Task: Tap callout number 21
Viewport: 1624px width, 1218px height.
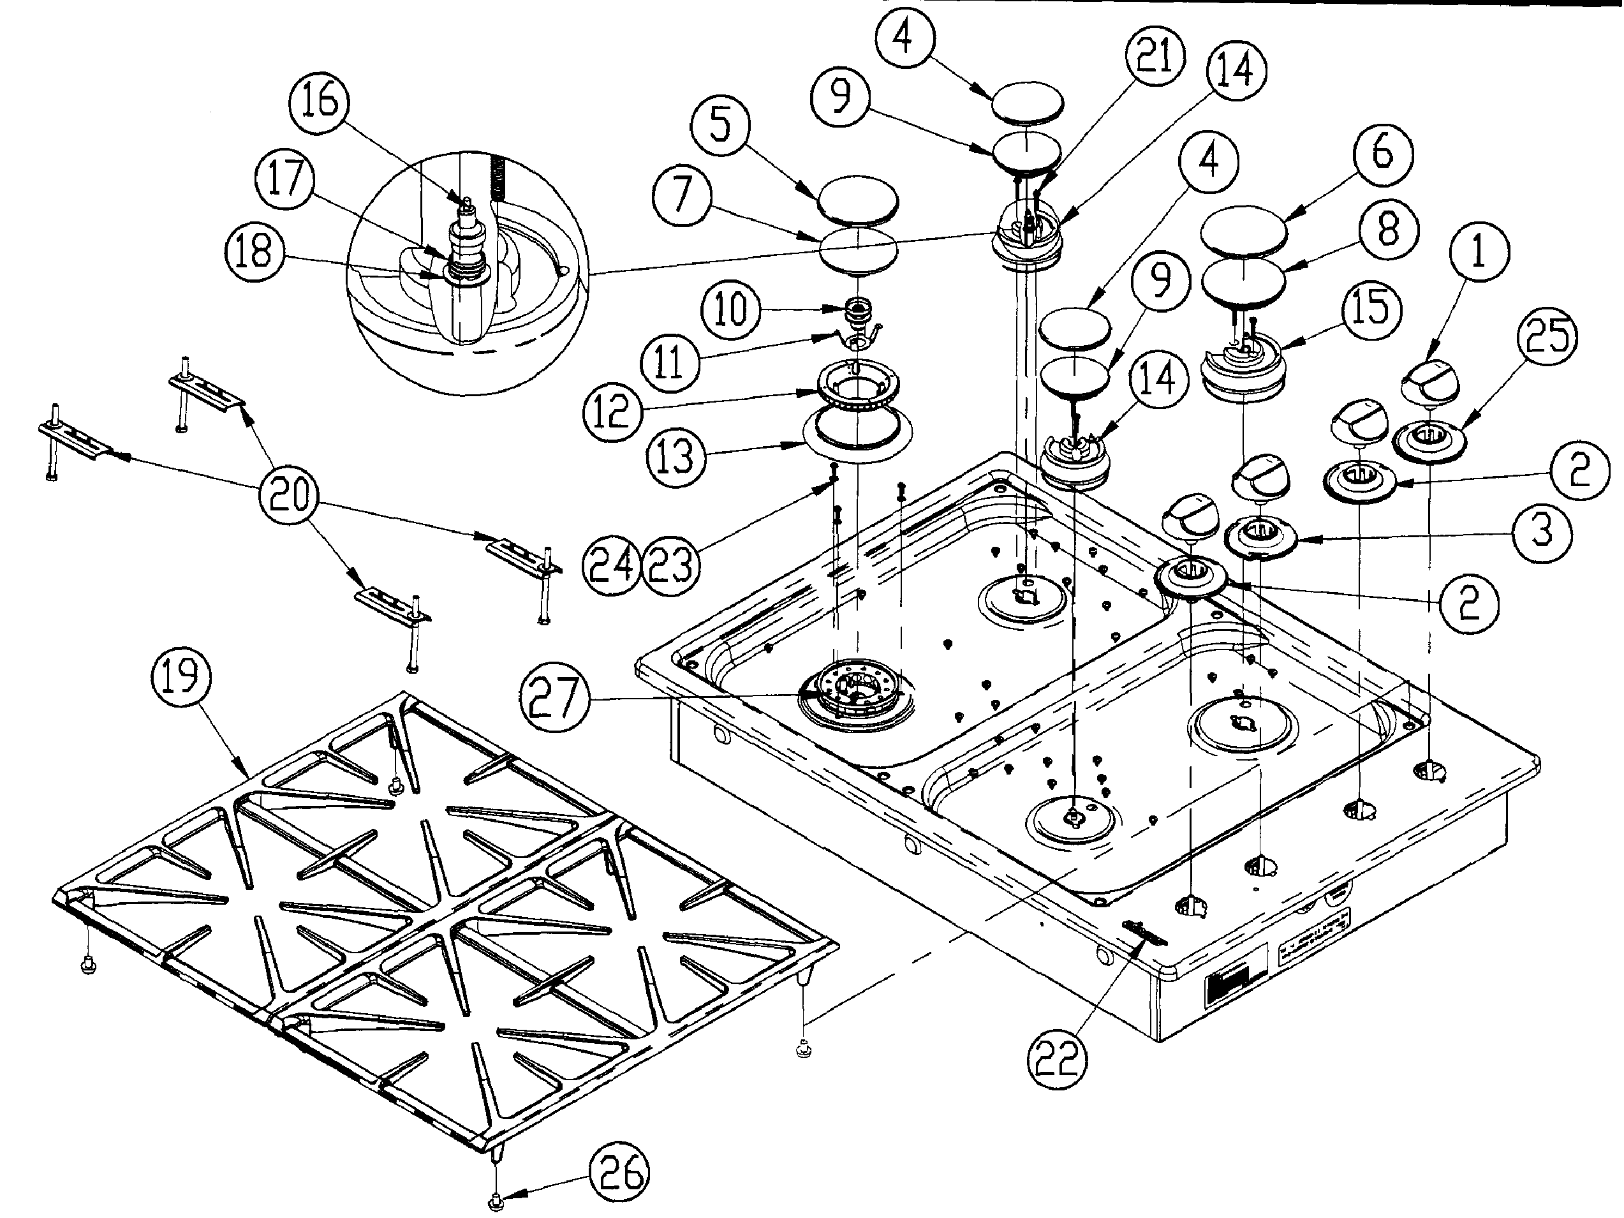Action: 1156,57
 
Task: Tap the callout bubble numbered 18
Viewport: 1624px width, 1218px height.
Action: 252,251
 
